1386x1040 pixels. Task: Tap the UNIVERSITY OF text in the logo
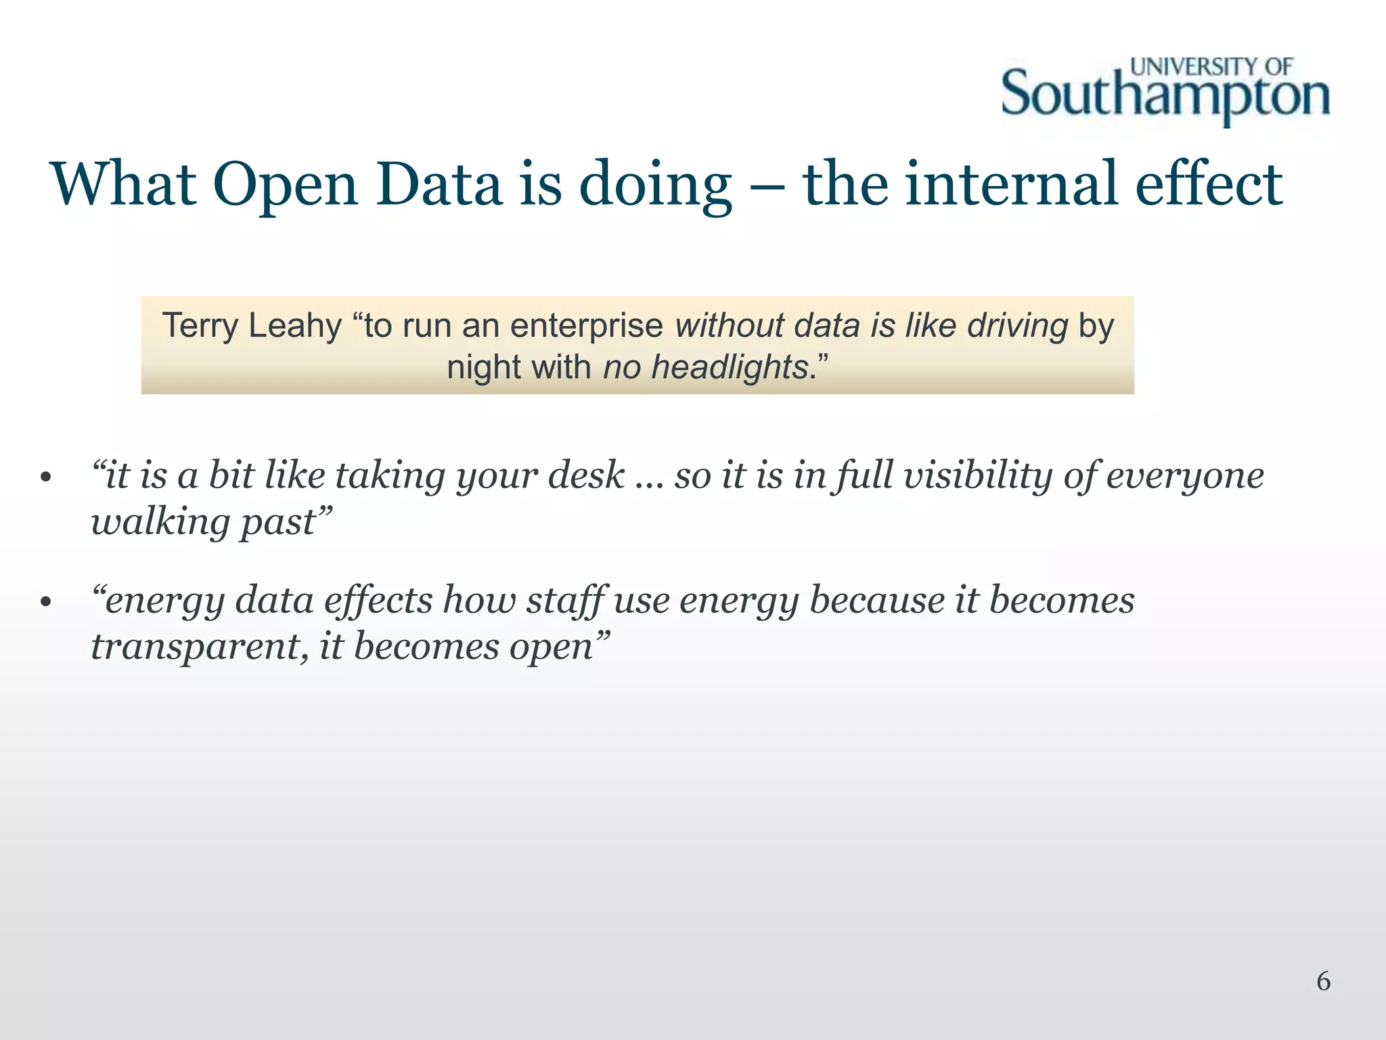coord(1211,66)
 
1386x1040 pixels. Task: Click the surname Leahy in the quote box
coord(295,326)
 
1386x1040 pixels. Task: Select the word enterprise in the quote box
coord(586,326)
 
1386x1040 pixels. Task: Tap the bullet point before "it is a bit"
coord(45,477)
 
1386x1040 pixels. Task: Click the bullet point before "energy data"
coord(45,603)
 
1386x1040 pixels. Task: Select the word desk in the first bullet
coord(586,475)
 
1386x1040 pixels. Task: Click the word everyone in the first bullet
coord(1185,476)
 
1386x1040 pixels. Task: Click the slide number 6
coord(1323,981)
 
